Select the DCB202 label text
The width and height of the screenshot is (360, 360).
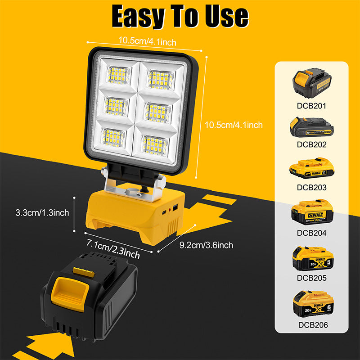click(x=311, y=145)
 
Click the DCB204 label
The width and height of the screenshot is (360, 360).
click(x=311, y=233)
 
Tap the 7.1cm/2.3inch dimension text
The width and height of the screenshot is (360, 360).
click(x=112, y=248)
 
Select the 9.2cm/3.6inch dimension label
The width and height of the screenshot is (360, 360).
click(x=206, y=245)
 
